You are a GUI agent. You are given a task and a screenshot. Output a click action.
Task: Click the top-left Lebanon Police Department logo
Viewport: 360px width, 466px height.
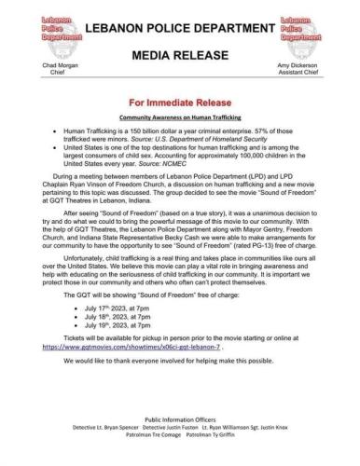coord(33,20)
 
